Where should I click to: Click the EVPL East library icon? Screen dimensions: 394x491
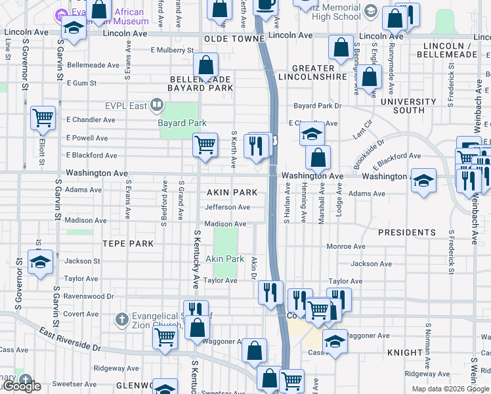(156, 104)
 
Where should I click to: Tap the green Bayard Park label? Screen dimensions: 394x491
(182, 123)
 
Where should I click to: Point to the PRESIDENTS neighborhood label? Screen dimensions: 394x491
(407, 232)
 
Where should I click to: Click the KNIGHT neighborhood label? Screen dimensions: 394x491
(405, 353)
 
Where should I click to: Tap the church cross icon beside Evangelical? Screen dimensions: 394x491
(121, 320)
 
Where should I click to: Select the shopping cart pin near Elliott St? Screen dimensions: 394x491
(43, 119)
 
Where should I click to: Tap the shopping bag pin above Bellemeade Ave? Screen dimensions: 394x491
(206, 66)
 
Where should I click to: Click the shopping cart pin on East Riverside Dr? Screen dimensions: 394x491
(165, 338)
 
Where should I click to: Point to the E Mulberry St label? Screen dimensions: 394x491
(172, 50)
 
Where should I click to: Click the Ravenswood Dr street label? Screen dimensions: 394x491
(90, 296)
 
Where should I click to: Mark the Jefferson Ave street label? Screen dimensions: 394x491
(227, 208)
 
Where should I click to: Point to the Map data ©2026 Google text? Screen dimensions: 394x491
(450, 389)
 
